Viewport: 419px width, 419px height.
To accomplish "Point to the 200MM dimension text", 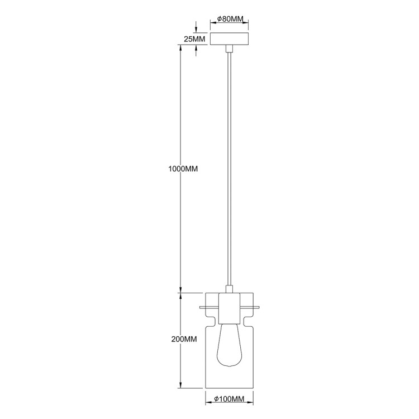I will pyautogui.click(x=184, y=339).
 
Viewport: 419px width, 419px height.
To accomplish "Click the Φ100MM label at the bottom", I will pyautogui.click(x=230, y=398).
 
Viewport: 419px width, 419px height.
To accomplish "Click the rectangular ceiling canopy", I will pyautogui.click(x=229, y=40).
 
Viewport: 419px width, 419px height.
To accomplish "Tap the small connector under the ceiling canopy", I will pyautogui.click(x=229, y=50).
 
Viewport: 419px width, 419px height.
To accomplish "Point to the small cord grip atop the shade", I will pyautogui.click(x=229, y=289).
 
